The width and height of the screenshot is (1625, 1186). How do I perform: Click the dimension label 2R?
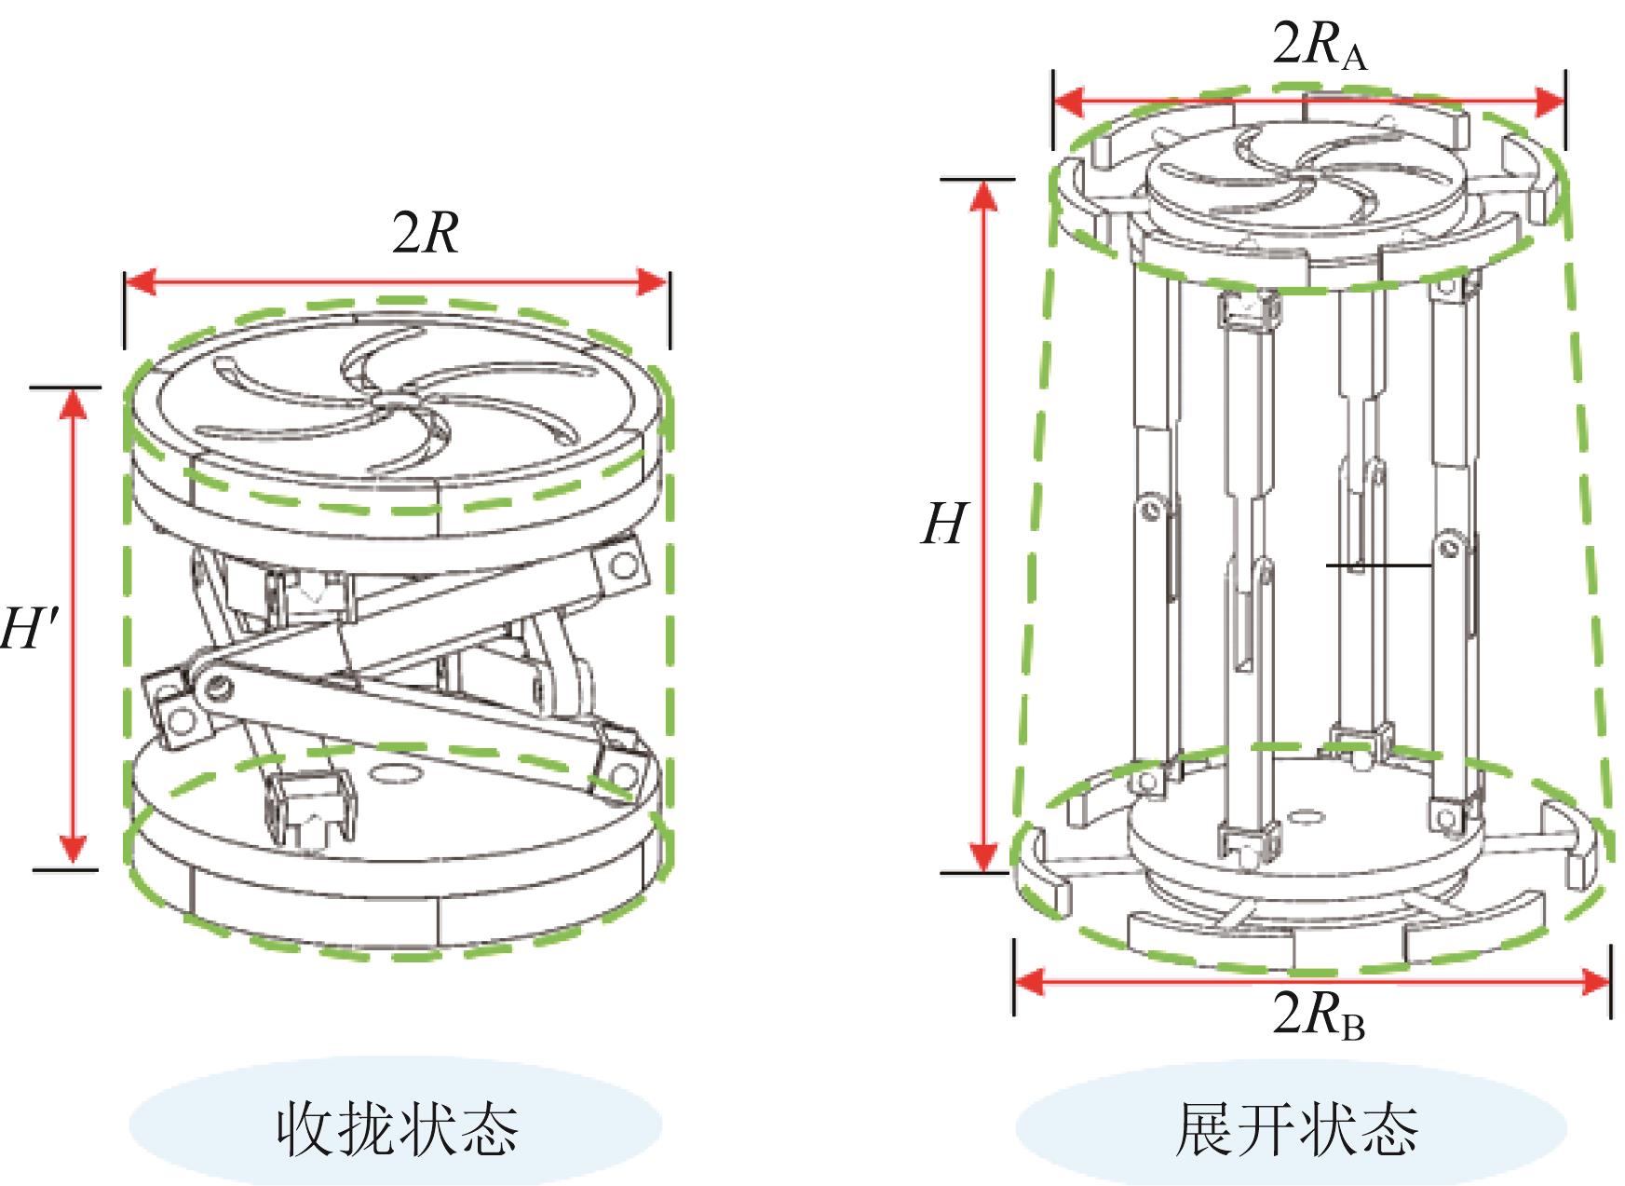(426, 233)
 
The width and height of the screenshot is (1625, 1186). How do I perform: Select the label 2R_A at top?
(1319, 45)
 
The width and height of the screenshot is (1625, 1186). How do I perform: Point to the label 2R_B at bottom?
(1318, 1015)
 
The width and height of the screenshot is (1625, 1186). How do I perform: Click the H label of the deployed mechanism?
(943, 525)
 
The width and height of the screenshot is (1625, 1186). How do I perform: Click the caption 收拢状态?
(396, 1128)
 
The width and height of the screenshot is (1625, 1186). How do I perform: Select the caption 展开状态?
(1295, 1128)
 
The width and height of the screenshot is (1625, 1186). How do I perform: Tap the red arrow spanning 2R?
(396, 281)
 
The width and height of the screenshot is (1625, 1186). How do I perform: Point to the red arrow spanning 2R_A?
(1308, 100)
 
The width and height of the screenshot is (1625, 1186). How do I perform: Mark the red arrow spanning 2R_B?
(1311, 980)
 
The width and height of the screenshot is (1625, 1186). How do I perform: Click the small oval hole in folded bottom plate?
(396, 772)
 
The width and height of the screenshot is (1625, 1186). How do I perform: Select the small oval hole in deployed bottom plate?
(1304, 816)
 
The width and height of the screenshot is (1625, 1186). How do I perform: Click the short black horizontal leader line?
(1377, 565)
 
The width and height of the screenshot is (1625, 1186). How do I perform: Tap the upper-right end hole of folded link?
(625, 566)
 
